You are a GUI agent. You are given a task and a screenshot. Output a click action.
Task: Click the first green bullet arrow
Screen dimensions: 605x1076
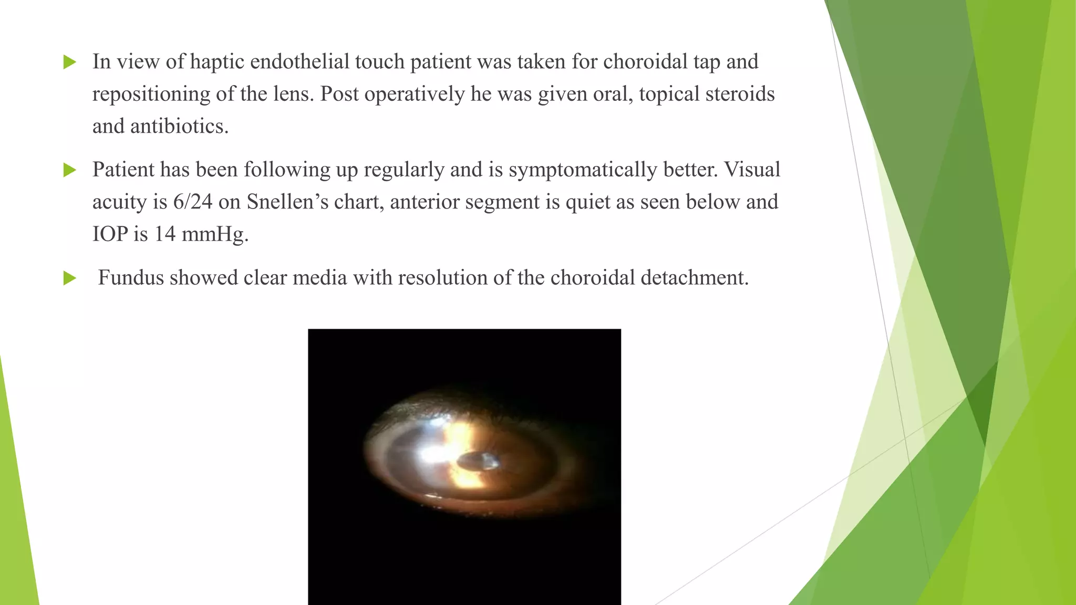69,62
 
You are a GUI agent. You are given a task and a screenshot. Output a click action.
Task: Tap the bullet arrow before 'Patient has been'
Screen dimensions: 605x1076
69,170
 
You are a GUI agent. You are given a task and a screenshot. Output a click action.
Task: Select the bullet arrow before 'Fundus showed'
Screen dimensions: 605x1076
69,278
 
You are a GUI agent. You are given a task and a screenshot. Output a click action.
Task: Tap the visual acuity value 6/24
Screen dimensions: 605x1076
192,202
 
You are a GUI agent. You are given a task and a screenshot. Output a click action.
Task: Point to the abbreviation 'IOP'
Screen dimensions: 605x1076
110,234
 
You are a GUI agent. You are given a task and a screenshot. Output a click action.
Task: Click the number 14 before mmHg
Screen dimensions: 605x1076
164,234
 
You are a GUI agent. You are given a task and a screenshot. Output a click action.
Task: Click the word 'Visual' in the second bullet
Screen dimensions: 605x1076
752,170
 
